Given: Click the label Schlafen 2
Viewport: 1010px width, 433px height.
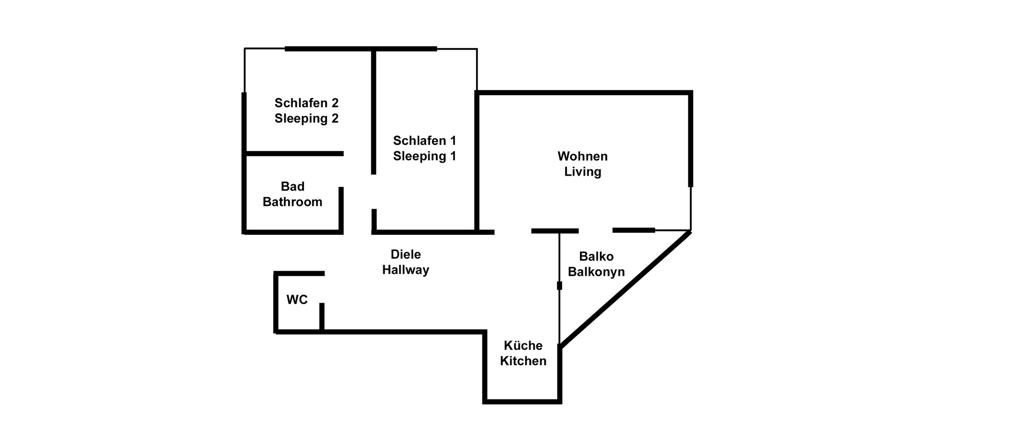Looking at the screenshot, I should click(306, 103).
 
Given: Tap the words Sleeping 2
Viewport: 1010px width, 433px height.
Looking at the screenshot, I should click(306, 118).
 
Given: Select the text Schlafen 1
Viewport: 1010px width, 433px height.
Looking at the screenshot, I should click(424, 140).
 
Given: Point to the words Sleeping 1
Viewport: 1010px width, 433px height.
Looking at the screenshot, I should click(424, 156).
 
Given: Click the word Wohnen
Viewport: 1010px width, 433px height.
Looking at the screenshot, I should click(582, 156).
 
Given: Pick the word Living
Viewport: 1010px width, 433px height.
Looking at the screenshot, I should click(582, 172).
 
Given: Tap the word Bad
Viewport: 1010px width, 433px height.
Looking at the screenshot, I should click(292, 186).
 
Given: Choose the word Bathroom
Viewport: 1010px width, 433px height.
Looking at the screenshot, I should click(292, 202).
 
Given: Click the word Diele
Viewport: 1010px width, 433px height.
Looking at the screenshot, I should click(405, 255).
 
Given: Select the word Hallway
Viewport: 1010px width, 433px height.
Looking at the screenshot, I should click(405, 270).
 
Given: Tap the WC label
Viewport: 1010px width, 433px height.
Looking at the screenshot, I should click(297, 300).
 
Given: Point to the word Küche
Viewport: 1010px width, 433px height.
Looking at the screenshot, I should click(523, 345).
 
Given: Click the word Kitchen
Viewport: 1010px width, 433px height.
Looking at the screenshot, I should click(523, 361).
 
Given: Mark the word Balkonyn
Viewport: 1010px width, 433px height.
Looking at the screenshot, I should click(596, 272).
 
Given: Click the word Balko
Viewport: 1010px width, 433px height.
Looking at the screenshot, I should click(596, 256).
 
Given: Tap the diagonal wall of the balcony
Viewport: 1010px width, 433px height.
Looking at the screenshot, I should click(625, 289).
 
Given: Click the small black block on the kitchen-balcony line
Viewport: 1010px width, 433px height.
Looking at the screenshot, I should click(559, 286).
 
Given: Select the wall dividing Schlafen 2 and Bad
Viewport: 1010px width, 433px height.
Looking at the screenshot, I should click(294, 153).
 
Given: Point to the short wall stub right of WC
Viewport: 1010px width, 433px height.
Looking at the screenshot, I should click(322, 317).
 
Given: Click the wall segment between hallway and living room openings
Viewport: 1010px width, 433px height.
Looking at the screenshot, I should click(555, 231).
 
